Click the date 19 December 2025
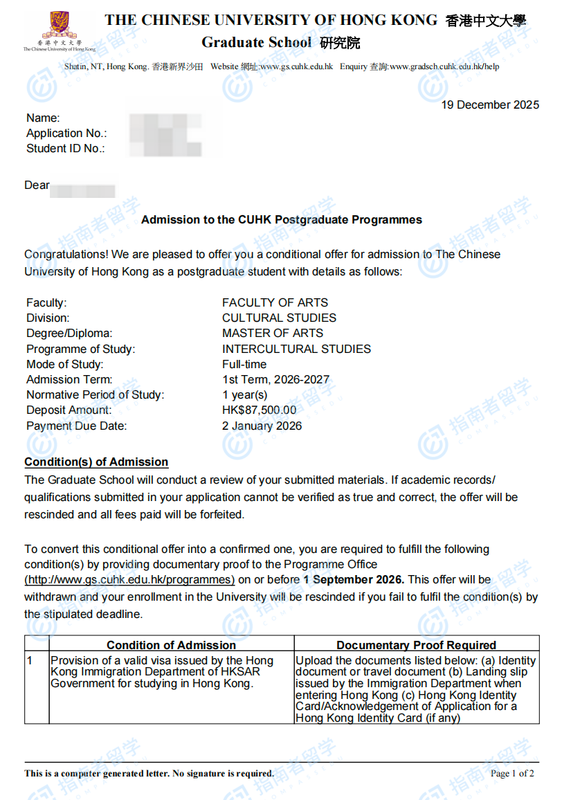(x=490, y=105)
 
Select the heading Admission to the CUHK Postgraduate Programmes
(x=281, y=220)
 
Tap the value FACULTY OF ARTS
(x=275, y=302)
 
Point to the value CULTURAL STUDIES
(x=279, y=318)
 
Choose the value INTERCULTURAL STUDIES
(x=296, y=349)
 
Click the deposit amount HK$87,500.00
(x=259, y=410)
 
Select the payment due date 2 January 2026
(x=262, y=426)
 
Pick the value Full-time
(x=244, y=364)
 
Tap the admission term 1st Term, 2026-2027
(x=275, y=379)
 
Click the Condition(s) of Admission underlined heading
(x=96, y=462)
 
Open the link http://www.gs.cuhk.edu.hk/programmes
(x=129, y=580)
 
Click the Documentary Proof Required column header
(x=416, y=645)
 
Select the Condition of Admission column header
(x=171, y=645)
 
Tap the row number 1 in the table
(x=30, y=661)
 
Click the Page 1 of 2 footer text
(x=511, y=773)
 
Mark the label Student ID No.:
(x=65, y=148)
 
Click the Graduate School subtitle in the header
(x=257, y=42)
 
